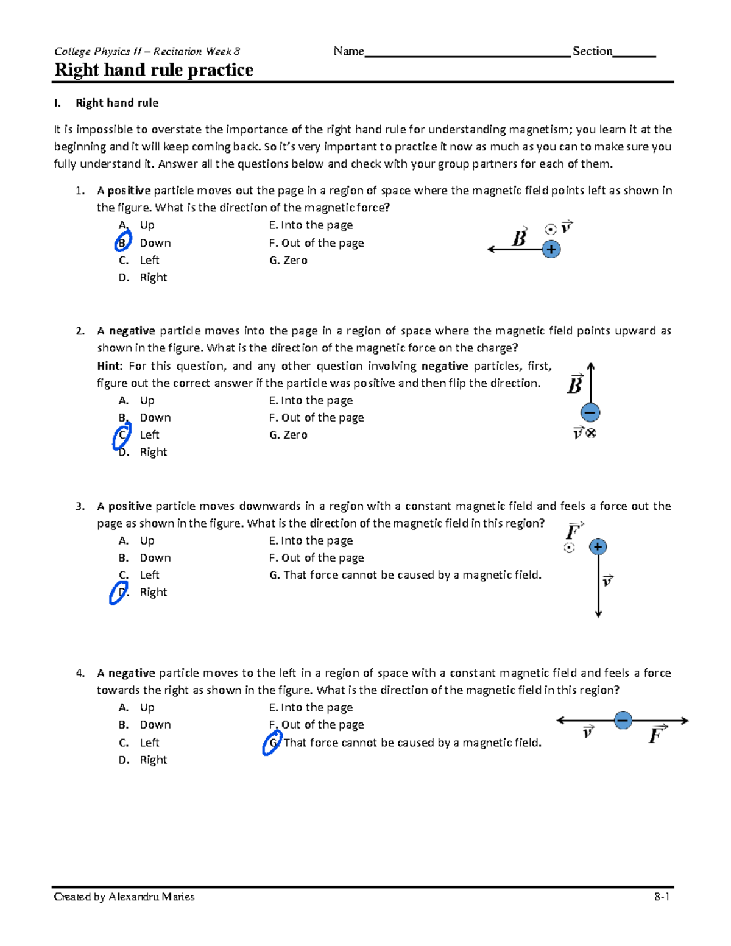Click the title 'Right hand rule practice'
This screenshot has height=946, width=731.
(154, 70)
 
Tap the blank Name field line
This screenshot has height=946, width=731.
(467, 54)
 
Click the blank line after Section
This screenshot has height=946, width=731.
(634, 54)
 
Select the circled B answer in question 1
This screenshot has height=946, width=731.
(122, 242)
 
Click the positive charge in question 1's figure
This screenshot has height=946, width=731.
(551, 249)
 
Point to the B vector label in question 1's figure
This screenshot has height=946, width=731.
(519, 238)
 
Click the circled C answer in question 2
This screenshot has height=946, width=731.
(122, 436)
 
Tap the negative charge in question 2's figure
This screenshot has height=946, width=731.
(590, 413)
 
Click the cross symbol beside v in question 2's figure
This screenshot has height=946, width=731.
(591, 433)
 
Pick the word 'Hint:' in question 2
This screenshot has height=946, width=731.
(110, 366)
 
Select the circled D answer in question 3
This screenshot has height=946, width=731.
(119, 593)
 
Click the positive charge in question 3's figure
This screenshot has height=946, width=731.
(598, 547)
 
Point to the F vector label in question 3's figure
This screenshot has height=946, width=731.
(573, 531)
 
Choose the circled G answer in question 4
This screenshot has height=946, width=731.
(272, 743)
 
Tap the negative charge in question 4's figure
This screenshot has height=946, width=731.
(623, 721)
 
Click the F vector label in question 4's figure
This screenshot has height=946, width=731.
(656, 735)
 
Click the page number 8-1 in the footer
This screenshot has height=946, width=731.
(662, 897)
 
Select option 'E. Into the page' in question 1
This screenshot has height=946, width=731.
(311, 225)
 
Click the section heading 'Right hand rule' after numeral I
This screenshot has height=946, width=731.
(117, 103)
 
